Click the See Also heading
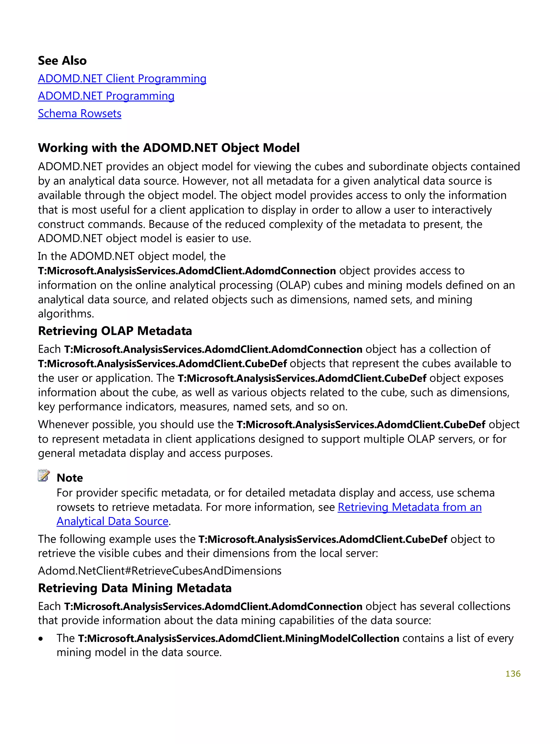(62, 61)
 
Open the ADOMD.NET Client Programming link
(122, 78)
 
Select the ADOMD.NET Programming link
(106, 96)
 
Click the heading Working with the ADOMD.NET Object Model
(168, 148)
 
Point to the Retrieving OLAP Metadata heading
(115, 331)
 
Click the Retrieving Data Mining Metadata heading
(135, 588)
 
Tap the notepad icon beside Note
(44, 476)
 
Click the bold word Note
(70, 478)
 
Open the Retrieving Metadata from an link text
(409, 507)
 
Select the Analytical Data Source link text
(112, 521)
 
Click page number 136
(513, 674)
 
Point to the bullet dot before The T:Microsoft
(41, 639)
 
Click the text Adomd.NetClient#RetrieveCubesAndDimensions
(159, 571)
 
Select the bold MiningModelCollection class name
(342, 638)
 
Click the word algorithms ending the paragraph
(66, 314)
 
